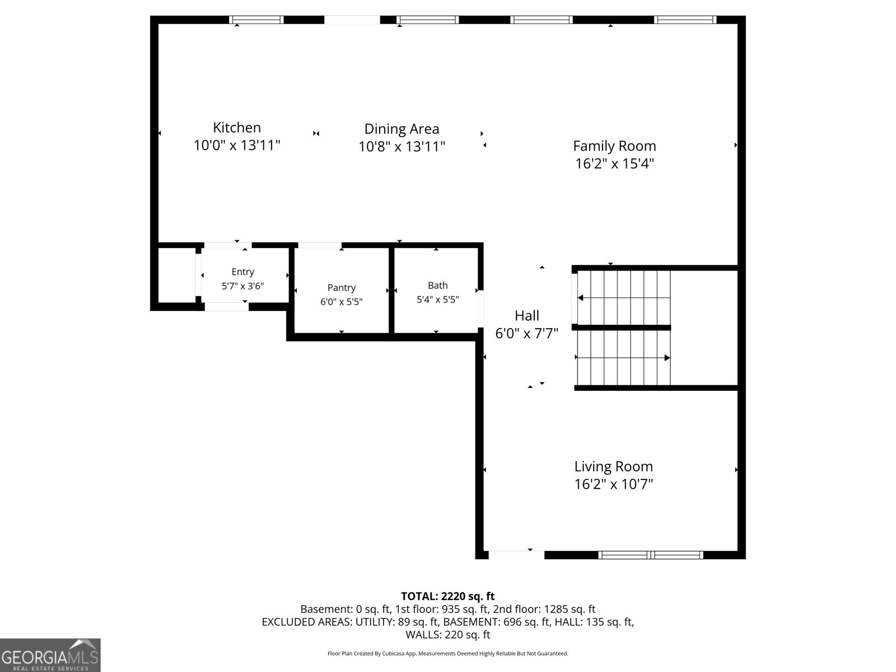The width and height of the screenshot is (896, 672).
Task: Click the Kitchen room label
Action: coord(237,128)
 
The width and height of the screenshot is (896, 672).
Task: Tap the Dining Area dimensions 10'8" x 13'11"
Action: coord(402,147)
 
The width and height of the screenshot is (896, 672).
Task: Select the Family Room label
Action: coord(614,146)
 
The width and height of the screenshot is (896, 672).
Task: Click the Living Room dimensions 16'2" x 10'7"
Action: coord(614,484)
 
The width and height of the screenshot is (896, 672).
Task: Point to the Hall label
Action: coord(527,316)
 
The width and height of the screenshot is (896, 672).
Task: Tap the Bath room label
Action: coord(437,286)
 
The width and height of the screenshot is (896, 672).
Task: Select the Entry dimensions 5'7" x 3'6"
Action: coord(242,286)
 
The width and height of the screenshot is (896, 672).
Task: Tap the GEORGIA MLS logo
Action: coord(50,655)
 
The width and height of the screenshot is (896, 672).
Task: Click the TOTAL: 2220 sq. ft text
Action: coord(447,596)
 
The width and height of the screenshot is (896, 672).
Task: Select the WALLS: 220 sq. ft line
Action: coord(447,634)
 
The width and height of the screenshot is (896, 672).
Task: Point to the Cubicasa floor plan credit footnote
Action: coord(447,654)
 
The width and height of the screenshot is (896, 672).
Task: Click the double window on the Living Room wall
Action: coord(650,555)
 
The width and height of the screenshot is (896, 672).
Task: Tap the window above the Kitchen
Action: coord(257,20)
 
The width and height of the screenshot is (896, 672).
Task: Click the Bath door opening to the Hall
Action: coord(480,308)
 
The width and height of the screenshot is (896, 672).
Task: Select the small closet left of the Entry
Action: coord(176,276)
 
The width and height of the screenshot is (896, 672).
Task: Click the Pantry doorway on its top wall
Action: coord(320,245)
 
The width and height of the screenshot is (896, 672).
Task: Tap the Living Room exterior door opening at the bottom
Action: coord(516,554)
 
